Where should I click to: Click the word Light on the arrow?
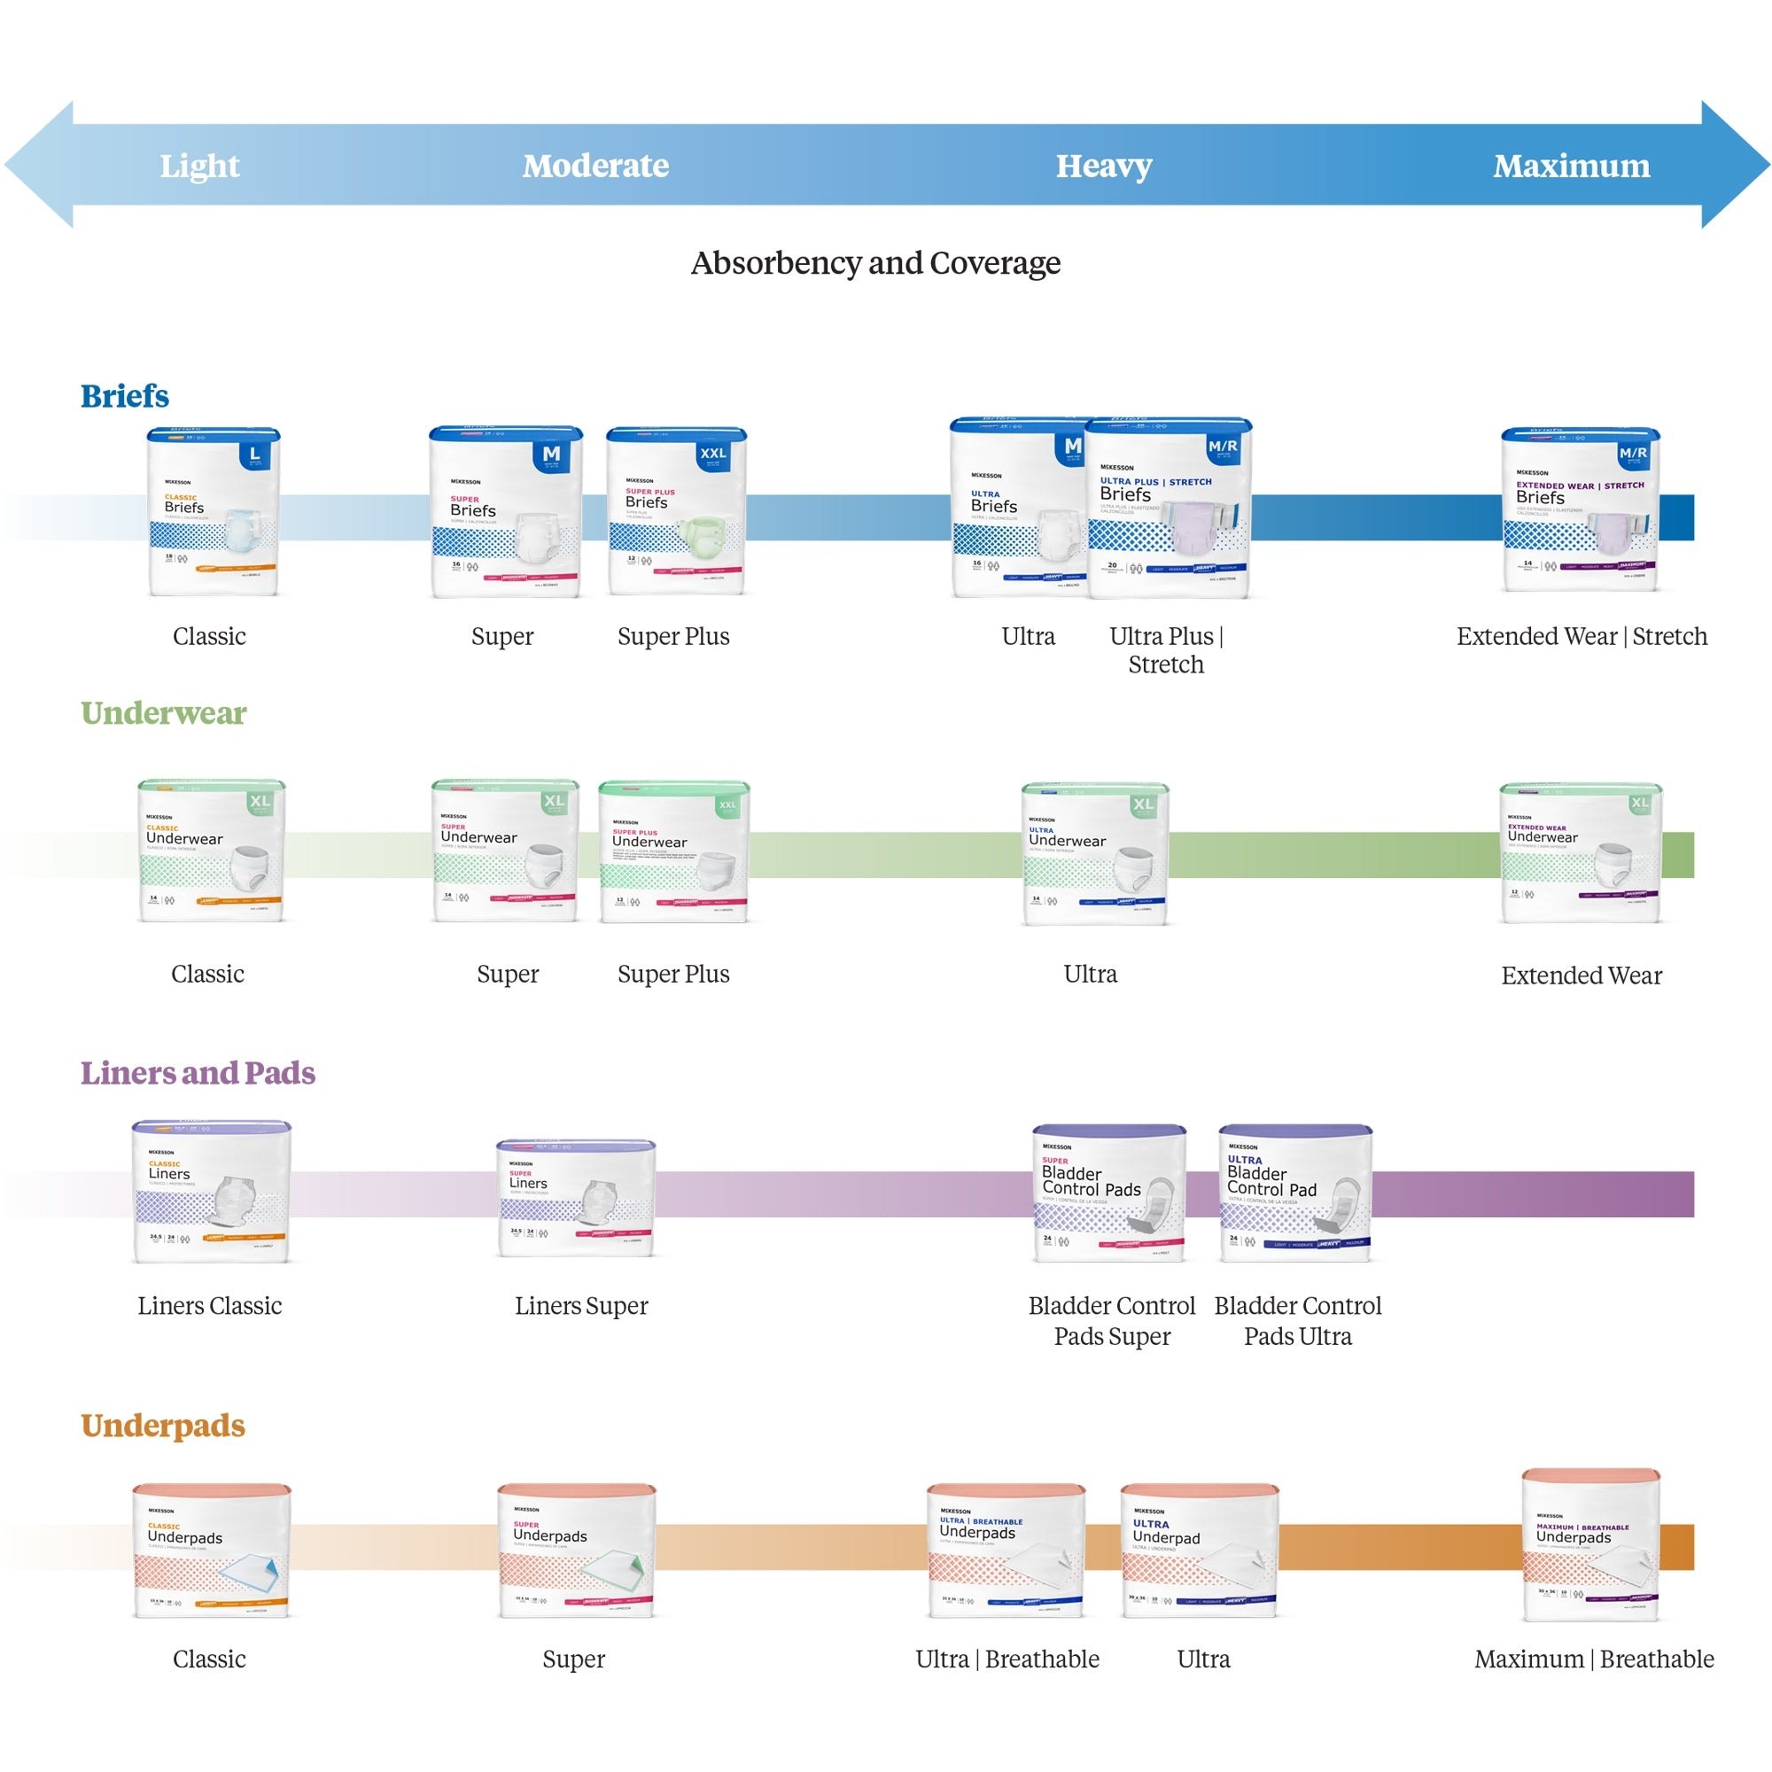coord(199,166)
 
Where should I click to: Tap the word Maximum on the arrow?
coord(1570,166)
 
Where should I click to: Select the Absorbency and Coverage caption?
coord(875,263)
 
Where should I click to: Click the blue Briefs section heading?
coord(125,396)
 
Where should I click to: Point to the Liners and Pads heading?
coord(198,1072)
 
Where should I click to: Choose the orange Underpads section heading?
coord(162,1426)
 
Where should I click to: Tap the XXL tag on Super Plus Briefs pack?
coord(712,453)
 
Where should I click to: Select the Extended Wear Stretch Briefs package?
coord(1580,510)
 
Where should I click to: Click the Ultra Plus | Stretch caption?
coord(1165,649)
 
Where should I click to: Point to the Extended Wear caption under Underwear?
coord(1581,975)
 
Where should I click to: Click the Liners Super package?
coord(576,1198)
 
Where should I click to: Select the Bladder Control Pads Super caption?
coord(1111,1321)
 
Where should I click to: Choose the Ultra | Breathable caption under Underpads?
coord(1006,1659)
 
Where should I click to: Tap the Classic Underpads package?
coord(211,1551)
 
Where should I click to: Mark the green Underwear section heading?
coord(163,712)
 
